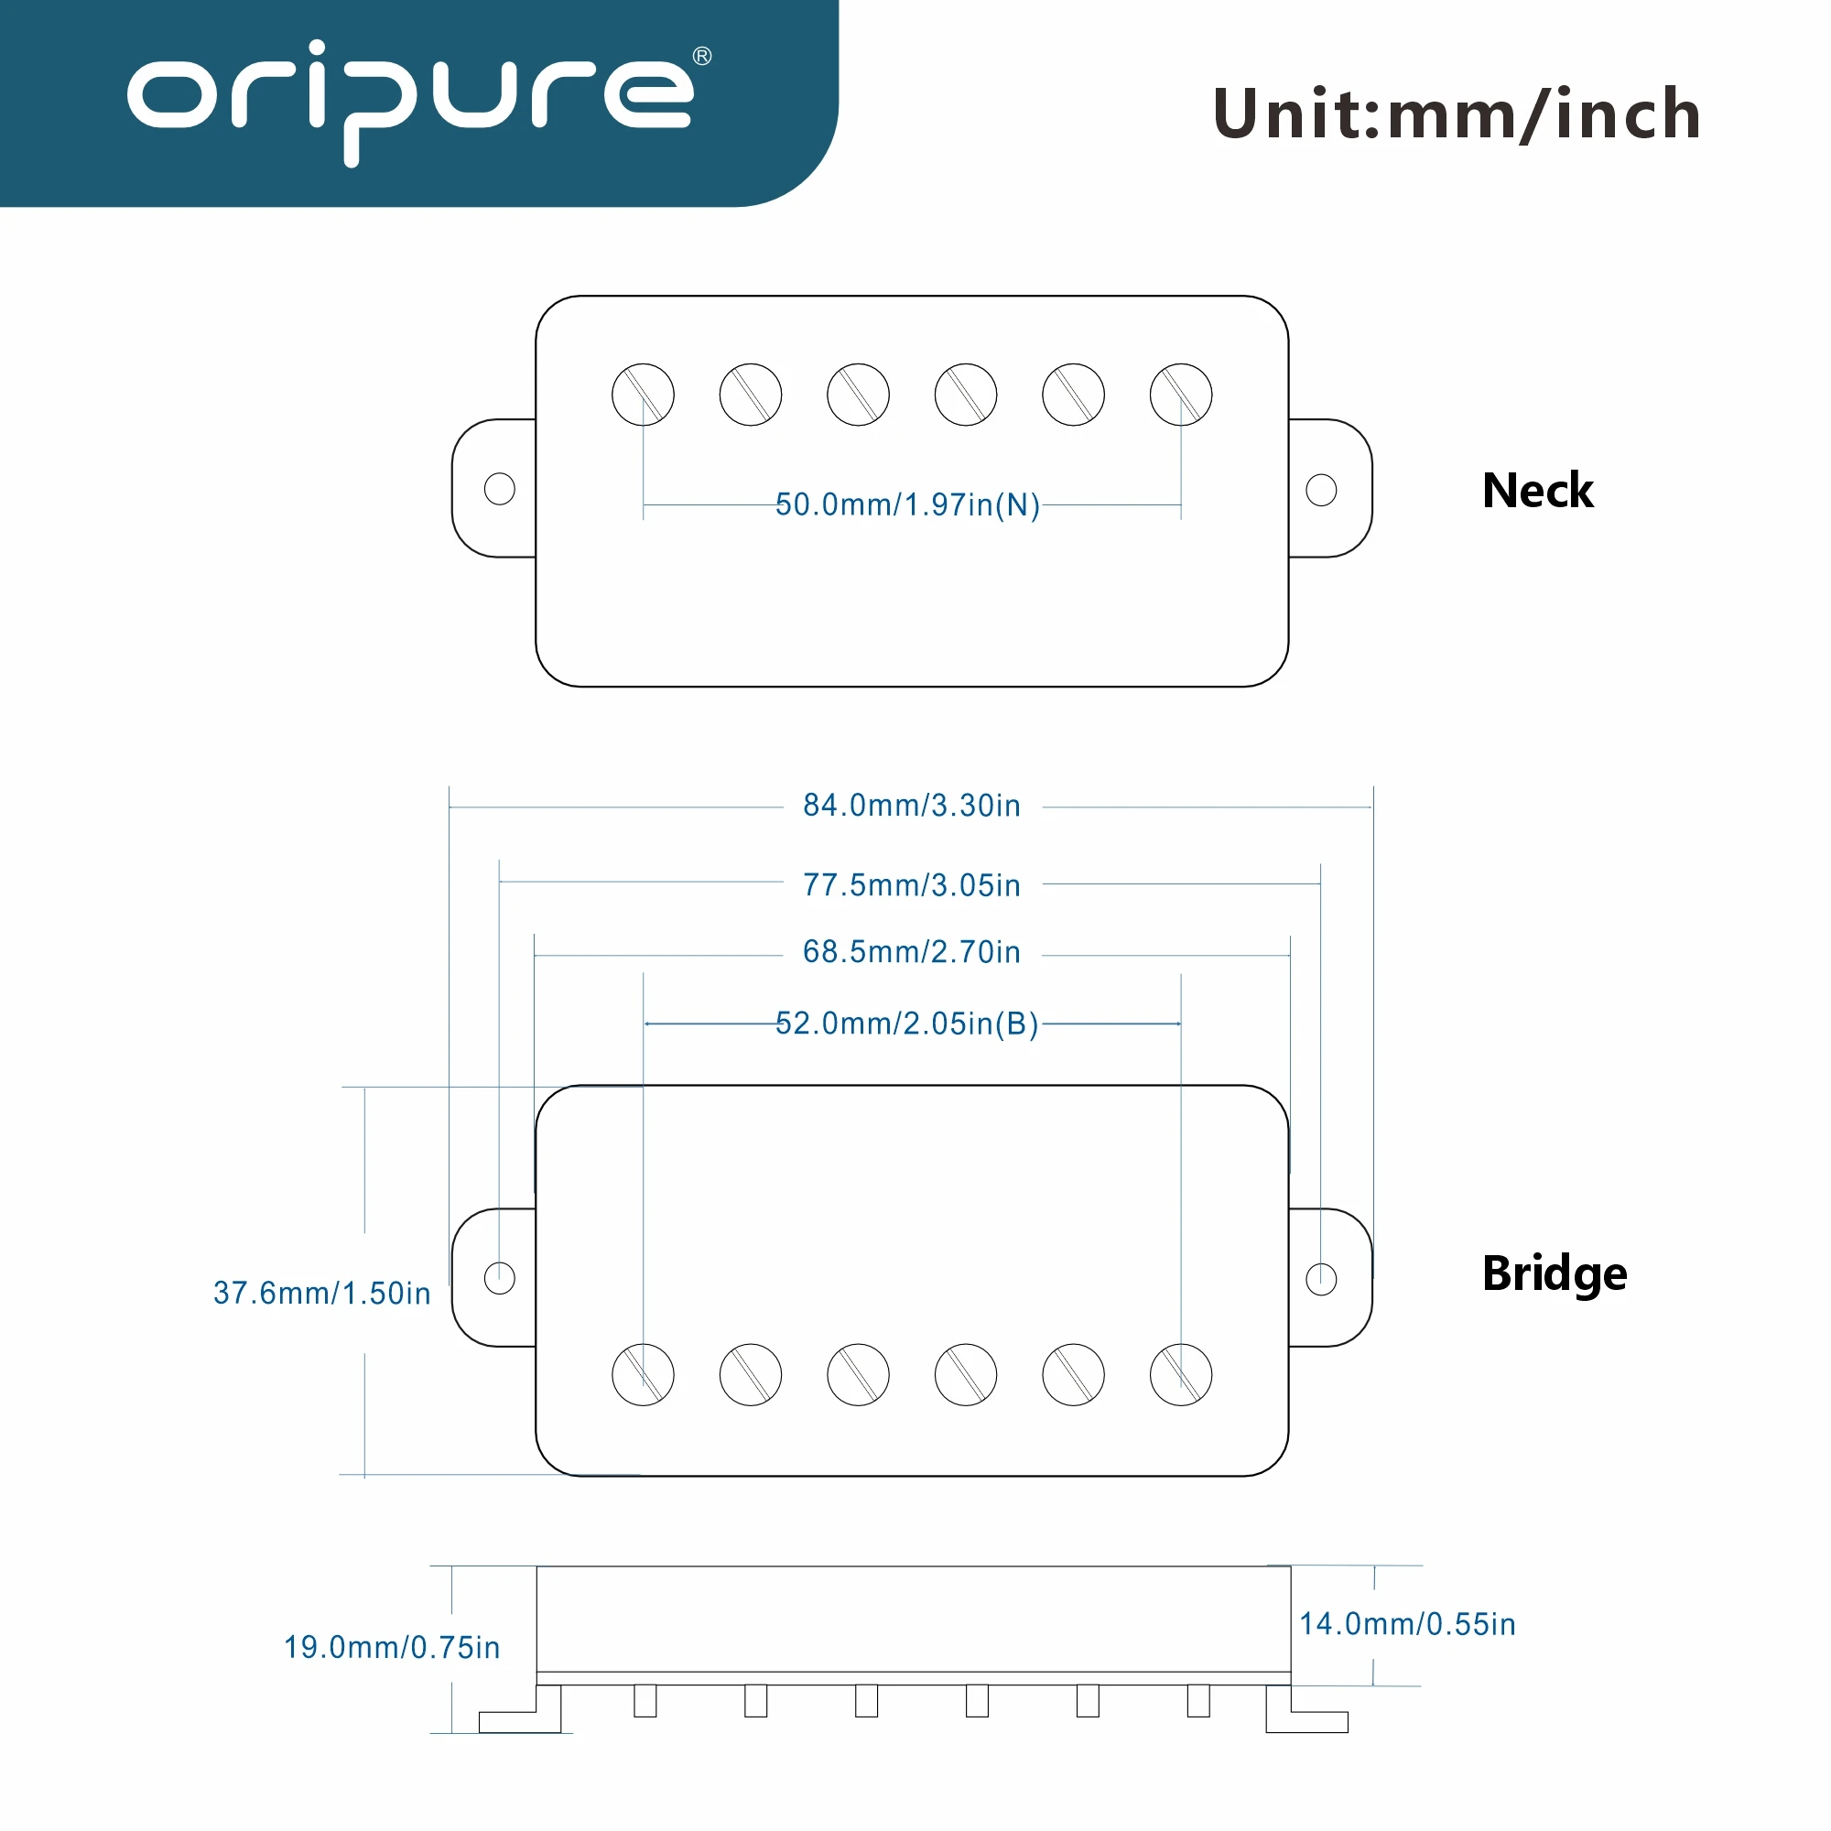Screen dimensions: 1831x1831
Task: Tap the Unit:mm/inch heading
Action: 1457,114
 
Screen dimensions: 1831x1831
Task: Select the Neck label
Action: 1537,491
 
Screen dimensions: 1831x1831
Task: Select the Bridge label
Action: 1555,1273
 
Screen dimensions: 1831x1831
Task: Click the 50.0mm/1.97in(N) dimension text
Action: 907,505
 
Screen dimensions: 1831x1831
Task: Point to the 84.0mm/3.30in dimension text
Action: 912,806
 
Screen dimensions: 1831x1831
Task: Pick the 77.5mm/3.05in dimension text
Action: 912,885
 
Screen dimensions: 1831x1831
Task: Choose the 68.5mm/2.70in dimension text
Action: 912,951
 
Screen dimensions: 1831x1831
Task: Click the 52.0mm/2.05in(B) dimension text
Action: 907,1024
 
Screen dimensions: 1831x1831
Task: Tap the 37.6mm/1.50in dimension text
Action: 322,1293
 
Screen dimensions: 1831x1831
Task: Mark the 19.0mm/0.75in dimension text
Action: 392,1647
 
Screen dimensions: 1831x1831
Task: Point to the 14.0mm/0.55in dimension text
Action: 1407,1623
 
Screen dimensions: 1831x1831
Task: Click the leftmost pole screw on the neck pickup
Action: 643,395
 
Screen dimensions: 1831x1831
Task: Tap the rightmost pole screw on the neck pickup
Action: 1181,395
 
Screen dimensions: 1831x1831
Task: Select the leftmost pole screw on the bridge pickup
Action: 643,1374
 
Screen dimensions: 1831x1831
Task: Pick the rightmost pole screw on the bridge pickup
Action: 1181,1374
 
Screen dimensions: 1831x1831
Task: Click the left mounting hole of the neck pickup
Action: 500,489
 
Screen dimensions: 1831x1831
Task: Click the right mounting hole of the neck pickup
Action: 1321,490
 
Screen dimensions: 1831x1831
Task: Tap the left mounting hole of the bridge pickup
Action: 500,1277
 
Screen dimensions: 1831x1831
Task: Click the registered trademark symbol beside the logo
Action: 702,56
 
